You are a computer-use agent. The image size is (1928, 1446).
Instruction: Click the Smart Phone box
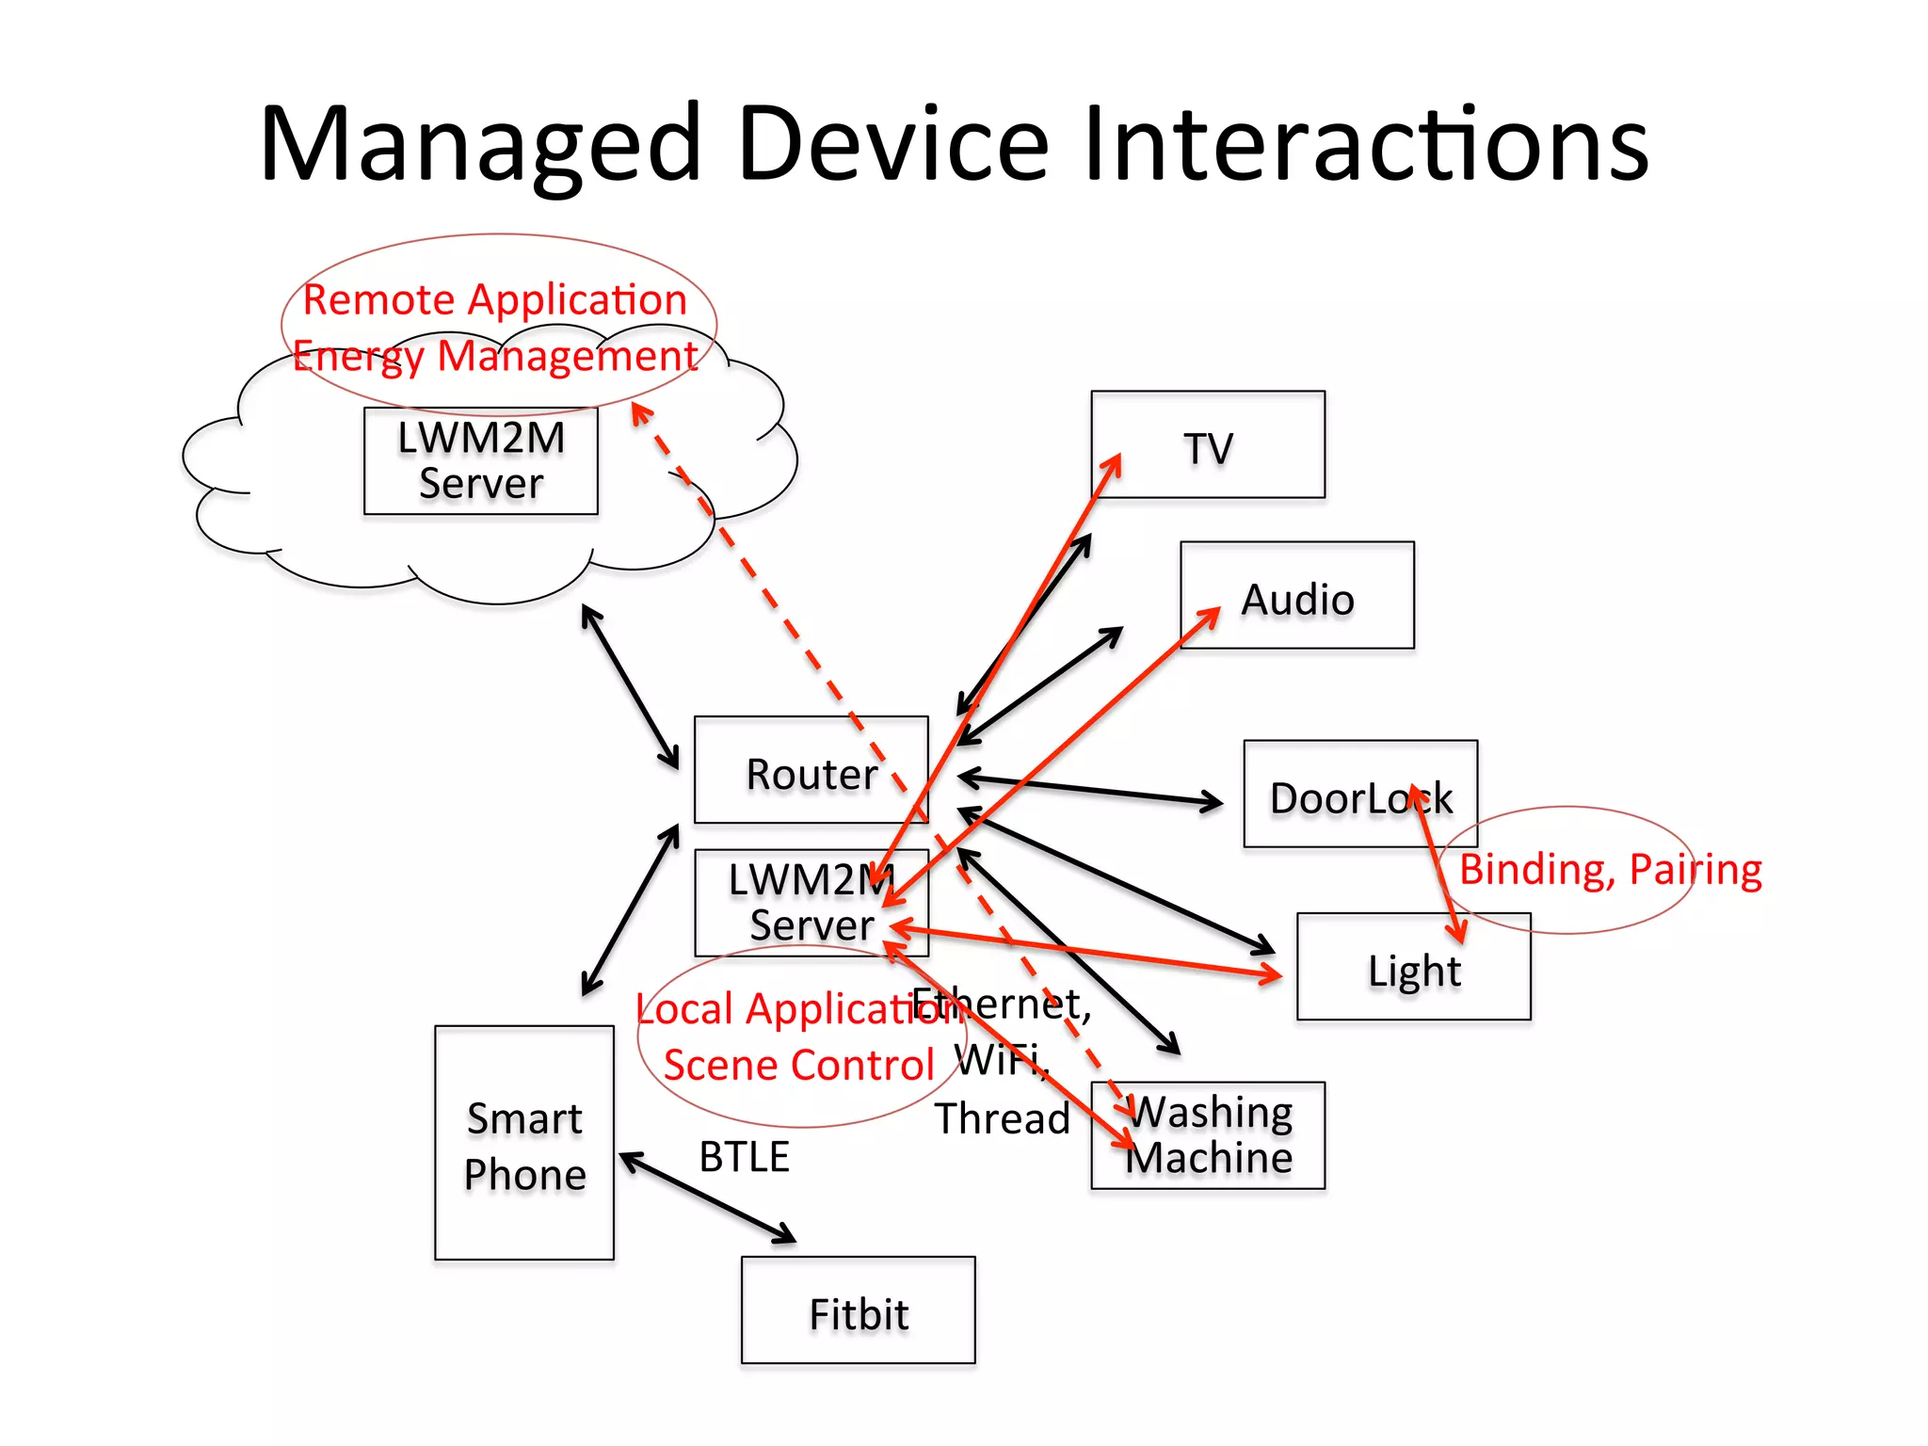coord(524,1143)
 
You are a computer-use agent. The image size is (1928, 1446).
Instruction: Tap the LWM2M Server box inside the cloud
coord(480,461)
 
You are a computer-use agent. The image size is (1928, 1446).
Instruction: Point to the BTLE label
coord(744,1156)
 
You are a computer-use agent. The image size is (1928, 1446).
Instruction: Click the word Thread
coord(1002,1118)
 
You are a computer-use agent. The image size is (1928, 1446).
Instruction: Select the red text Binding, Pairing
coord(1610,869)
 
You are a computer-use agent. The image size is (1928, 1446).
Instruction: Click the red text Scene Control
coord(798,1066)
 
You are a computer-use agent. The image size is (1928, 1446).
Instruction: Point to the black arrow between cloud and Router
coord(630,686)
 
